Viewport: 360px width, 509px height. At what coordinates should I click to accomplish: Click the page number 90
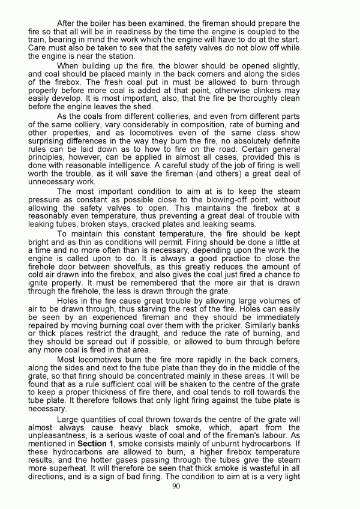(176, 486)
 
